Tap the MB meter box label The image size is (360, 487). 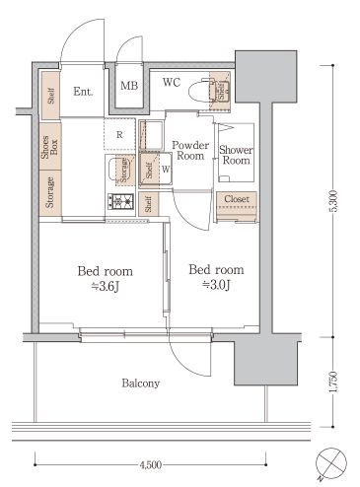[x=128, y=87]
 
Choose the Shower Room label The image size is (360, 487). [x=237, y=155]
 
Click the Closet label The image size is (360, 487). [x=236, y=200]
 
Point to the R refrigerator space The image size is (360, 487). [x=119, y=133]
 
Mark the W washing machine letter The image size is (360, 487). [x=165, y=169]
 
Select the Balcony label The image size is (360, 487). [x=141, y=383]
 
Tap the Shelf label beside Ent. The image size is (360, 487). [x=49, y=96]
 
